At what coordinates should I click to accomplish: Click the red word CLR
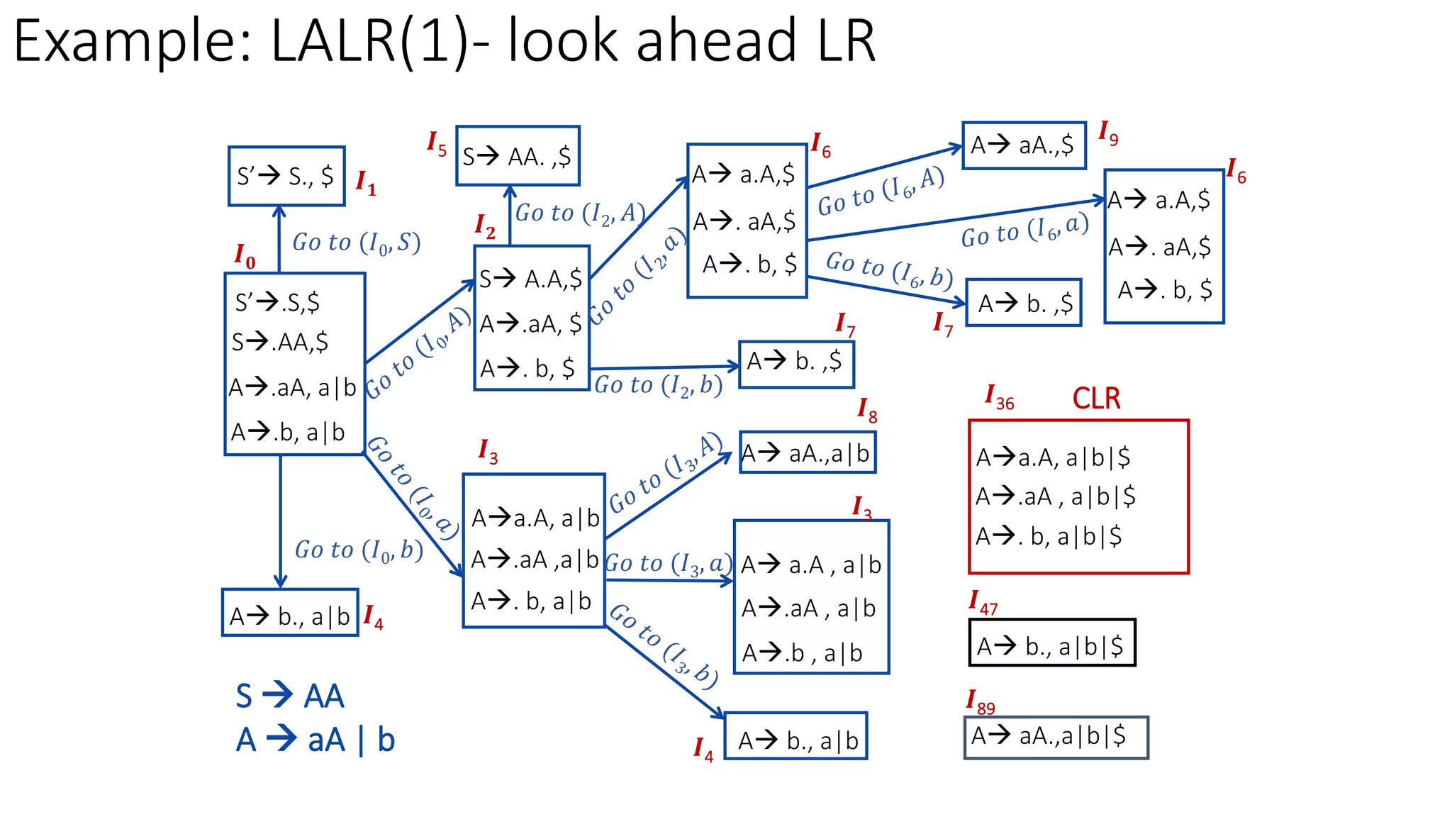1096,399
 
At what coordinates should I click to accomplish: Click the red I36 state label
1000,398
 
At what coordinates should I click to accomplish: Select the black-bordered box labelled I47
1051,643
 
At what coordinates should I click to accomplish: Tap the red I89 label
981,702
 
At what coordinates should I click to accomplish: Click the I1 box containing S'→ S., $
286,176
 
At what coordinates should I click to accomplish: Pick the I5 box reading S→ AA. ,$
517,156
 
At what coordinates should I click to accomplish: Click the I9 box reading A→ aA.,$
1023,145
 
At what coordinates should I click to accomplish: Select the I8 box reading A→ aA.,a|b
807,453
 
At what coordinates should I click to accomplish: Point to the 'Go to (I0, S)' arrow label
357,243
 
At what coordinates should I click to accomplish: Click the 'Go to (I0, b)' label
359,550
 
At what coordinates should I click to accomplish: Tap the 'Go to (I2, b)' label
658,385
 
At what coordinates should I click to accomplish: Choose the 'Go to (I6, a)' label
1024,231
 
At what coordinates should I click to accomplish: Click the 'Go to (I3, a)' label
669,564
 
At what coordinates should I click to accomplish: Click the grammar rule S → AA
290,696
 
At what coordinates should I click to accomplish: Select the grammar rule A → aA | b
315,740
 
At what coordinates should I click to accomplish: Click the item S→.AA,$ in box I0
280,343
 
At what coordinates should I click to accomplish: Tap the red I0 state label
245,256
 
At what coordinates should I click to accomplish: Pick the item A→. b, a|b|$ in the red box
1049,537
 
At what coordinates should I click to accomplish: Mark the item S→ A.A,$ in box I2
530,279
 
